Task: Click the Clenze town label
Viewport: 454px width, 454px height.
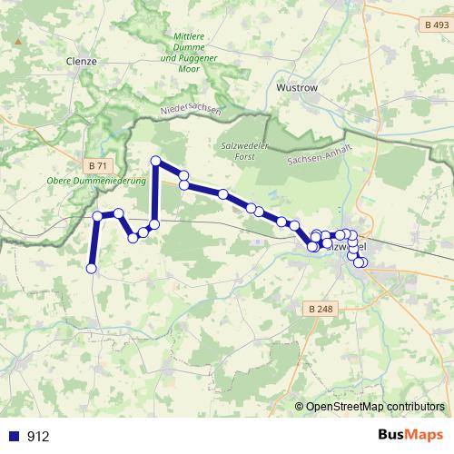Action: coord(81,61)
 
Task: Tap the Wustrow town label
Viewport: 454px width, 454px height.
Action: coord(298,90)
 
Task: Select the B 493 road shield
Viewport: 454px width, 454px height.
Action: coord(436,25)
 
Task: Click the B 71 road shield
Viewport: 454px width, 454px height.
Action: coord(100,165)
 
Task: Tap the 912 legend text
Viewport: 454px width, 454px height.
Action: coord(38,437)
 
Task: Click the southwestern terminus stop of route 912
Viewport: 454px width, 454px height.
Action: coord(91,268)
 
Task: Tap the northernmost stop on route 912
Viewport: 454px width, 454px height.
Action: coord(155,162)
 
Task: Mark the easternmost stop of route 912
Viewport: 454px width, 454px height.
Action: coord(362,262)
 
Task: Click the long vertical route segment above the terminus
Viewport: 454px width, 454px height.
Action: coord(94,242)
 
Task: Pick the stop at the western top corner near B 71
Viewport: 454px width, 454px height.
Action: coord(97,215)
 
